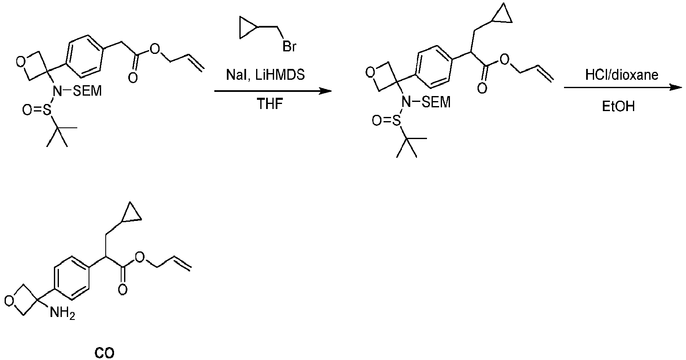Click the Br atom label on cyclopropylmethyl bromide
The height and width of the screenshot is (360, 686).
click(290, 46)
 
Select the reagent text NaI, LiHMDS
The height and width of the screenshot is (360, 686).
click(265, 75)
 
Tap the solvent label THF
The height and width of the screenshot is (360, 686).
click(269, 104)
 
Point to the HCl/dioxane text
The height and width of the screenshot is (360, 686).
click(622, 75)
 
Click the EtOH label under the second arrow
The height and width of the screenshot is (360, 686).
click(618, 106)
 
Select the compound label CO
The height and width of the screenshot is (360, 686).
click(104, 353)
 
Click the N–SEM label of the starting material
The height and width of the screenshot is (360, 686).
click(77, 91)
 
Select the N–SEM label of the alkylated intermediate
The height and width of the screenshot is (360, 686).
click(427, 102)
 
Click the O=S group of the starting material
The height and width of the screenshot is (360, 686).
click(36, 110)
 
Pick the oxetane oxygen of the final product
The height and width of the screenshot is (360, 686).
click(9, 301)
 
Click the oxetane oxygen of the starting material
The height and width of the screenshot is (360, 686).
click(21, 62)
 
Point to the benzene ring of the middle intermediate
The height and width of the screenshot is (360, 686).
click(434, 67)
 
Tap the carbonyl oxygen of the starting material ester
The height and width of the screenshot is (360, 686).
click(132, 77)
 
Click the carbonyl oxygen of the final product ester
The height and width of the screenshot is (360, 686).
click(122, 289)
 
